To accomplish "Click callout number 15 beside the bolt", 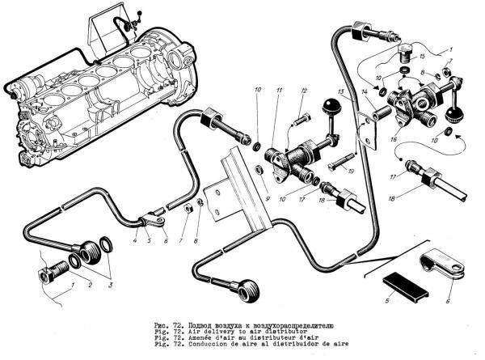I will [x=421, y=57].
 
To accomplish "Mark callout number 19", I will [x=353, y=172].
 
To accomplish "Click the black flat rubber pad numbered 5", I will [x=401, y=282].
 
